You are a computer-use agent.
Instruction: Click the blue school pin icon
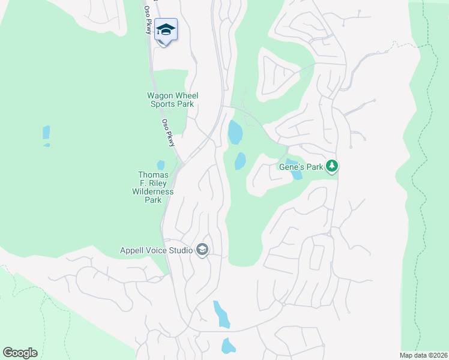coord(166,29)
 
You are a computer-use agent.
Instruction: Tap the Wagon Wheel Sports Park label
coord(173,100)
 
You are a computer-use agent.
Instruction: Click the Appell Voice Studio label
coord(155,250)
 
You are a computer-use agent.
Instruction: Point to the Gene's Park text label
coord(301,166)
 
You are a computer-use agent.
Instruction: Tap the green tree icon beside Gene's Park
coord(332,166)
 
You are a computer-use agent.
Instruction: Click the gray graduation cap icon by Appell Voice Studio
coord(202,250)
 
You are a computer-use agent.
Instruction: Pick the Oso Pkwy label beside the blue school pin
coord(148,20)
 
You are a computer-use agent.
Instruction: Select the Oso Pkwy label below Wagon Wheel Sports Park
coord(168,131)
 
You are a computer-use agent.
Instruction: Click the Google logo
coord(20,353)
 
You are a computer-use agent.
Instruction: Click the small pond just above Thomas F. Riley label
coord(160,164)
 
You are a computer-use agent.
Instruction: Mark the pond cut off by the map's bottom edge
coord(228,346)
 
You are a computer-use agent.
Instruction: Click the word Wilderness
coord(153,191)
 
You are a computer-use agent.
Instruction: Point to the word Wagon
coord(160,95)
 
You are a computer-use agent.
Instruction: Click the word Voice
coord(154,250)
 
